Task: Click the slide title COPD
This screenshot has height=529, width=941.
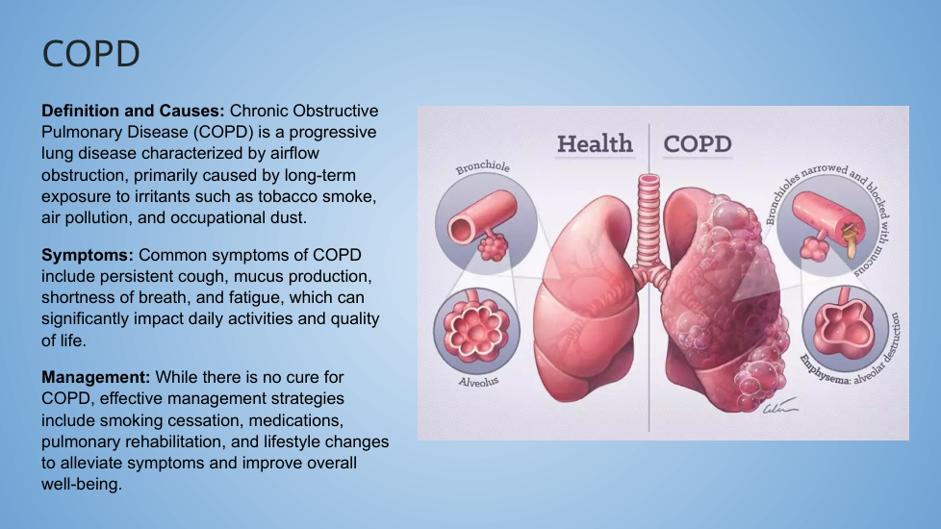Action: point(90,53)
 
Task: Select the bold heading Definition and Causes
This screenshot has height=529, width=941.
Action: point(133,111)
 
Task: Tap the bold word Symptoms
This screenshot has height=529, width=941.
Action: point(87,256)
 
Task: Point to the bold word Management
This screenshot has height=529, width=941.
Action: point(95,377)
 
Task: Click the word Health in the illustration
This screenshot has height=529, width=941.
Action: point(595,144)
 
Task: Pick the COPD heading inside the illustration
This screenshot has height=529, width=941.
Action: point(698,144)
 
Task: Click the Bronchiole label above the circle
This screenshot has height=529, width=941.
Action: point(482,166)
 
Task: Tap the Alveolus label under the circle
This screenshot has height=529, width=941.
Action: point(478,382)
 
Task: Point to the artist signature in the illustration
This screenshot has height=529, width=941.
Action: point(779,407)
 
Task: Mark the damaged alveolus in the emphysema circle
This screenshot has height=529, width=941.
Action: point(844,328)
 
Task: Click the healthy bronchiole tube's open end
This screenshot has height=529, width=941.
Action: point(462,230)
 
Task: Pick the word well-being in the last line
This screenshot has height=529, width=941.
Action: point(82,485)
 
